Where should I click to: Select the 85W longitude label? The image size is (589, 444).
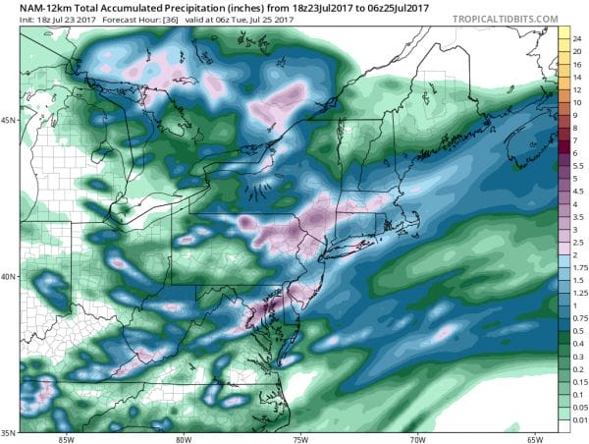pos(65,438)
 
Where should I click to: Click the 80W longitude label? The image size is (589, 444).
pos(183,438)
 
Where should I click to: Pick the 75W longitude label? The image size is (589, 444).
pos(300,438)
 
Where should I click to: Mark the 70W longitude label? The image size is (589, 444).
pos(418,438)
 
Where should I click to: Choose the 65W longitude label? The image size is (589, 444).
pos(535,438)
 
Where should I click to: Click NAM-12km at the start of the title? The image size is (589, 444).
pos(33,8)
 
